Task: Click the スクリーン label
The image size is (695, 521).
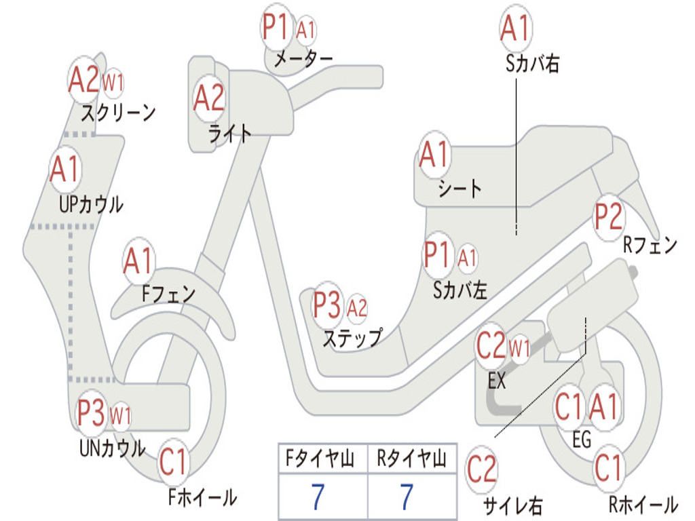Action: [119, 112]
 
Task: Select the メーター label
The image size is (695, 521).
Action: [303, 60]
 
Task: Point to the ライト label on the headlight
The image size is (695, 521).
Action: [229, 134]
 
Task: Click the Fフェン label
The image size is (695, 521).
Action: [168, 294]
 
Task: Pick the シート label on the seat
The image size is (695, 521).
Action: [459, 188]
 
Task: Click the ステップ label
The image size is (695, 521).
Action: [352, 337]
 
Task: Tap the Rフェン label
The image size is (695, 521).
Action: [650, 246]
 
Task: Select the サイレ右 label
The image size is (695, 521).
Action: [512, 505]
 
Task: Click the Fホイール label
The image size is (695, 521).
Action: [202, 497]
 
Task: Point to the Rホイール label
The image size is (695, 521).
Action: [642, 505]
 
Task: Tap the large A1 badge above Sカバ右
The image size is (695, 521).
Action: [514, 28]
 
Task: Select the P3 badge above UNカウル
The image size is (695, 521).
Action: [91, 413]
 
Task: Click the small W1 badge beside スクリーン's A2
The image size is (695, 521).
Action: [113, 83]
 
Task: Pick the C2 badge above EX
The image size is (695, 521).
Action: [491, 347]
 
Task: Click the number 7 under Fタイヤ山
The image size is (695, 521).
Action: [318, 497]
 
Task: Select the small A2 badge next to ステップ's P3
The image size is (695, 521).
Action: [357, 309]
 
